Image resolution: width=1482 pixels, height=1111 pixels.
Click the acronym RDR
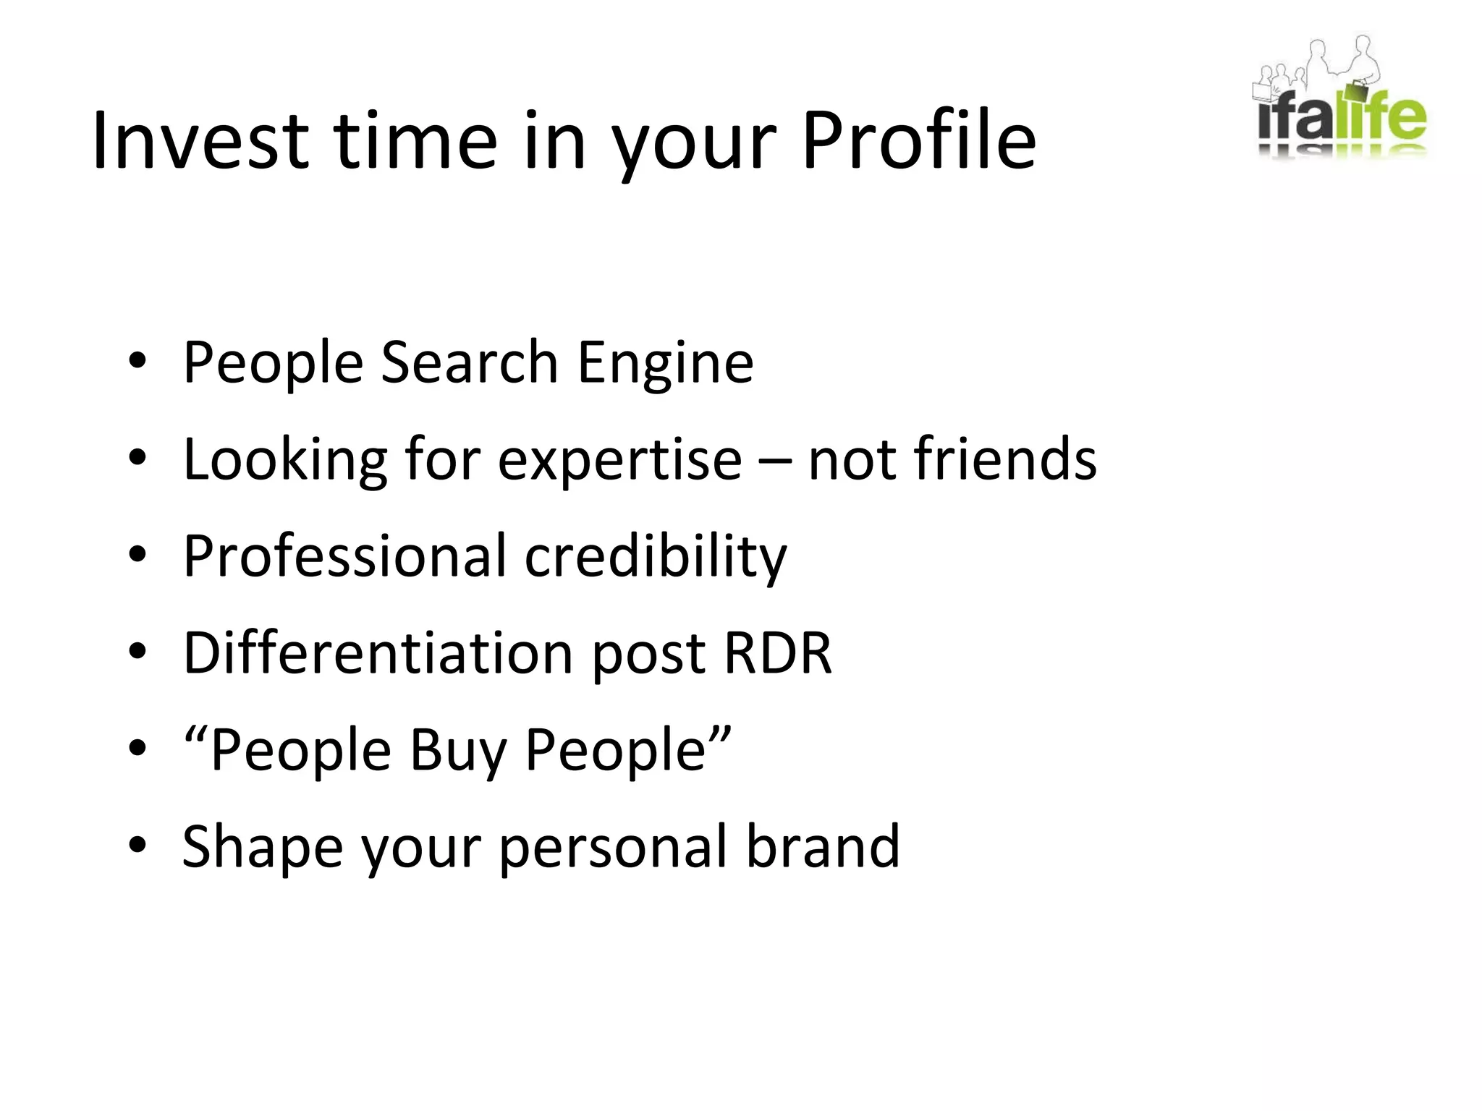[777, 652]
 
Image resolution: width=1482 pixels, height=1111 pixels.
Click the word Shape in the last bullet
[263, 848]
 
